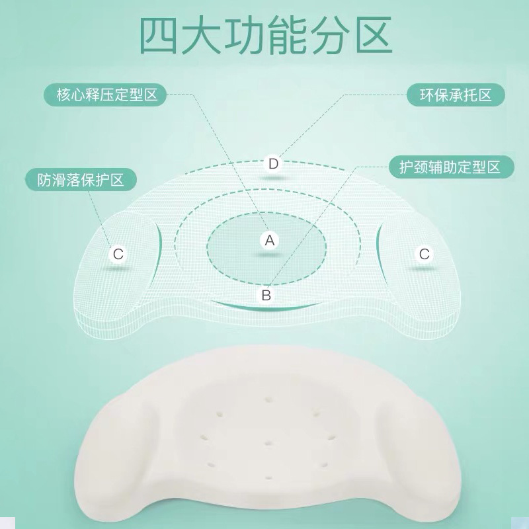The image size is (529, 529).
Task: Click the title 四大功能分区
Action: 266,35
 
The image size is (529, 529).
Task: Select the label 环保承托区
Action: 456,95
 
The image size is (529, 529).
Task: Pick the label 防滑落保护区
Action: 81,180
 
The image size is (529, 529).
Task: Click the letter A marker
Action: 270,241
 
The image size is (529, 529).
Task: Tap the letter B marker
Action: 266,295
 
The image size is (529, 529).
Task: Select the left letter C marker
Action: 118,254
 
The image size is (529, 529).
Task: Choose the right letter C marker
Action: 424,254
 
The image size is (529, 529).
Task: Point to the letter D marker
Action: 273,164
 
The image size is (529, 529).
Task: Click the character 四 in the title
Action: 159,36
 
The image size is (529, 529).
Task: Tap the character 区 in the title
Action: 374,36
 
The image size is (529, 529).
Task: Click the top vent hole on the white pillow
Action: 269,400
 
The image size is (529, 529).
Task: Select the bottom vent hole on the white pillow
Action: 269,478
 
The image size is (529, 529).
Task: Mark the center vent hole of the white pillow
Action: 268,443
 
